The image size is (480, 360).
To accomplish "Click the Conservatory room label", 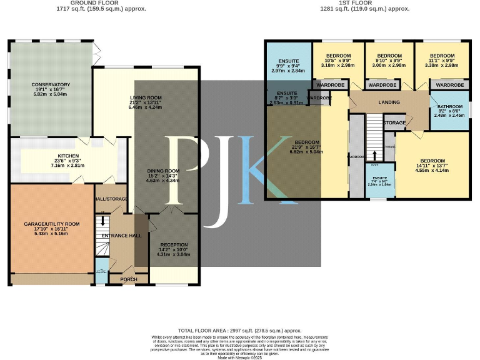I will (51, 84).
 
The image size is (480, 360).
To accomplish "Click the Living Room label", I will (146, 97).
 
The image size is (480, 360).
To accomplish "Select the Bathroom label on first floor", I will (450, 107).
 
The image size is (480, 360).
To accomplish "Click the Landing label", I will (389, 102).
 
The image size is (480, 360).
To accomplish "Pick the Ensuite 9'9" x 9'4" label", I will (287, 62).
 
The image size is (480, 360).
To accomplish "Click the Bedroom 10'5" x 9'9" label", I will (337, 55).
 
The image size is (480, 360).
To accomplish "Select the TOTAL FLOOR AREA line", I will (239, 330).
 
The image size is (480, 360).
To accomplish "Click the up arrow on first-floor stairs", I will (375, 156).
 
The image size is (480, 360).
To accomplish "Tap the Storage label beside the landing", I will (395, 122).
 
